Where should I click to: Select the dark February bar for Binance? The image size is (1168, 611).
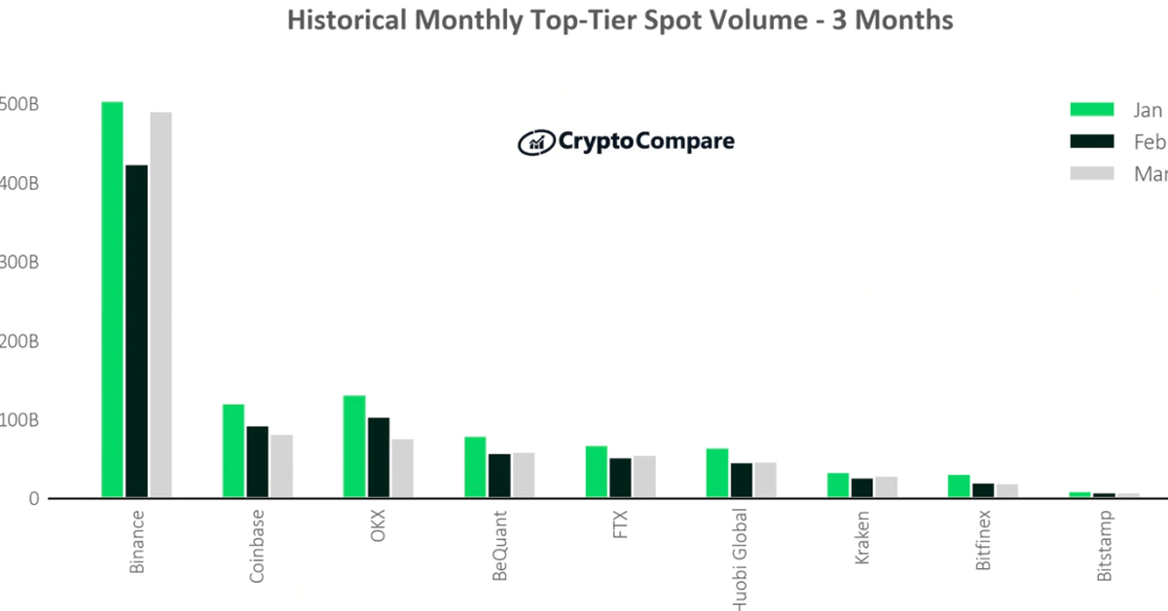pyautogui.click(x=136, y=332)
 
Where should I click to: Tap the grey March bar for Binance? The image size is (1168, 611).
pyautogui.click(x=161, y=305)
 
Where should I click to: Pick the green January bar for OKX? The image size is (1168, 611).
pyautogui.click(x=354, y=448)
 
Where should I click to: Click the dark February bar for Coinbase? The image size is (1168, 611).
pyautogui.click(x=257, y=462)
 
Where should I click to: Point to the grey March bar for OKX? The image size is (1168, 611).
pyautogui.click(x=402, y=469)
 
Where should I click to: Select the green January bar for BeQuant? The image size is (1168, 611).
pyautogui.click(x=475, y=468)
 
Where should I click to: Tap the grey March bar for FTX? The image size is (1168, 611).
pyautogui.click(x=644, y=477)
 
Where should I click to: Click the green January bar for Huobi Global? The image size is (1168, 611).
pyautogui.click(x=717, y=474)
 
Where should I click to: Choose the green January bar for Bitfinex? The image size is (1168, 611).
pyautogui.click(x=959, y=486)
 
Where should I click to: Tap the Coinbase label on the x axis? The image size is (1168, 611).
pyautogui.click(x=257, y=545)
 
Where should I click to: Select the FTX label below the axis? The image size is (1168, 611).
pyautogui.click(x=620, y=525)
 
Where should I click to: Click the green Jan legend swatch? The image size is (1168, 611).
pyautogui.click(x=1092, y=109)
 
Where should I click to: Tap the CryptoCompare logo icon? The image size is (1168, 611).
pyautogui.click(x=534, y=142)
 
